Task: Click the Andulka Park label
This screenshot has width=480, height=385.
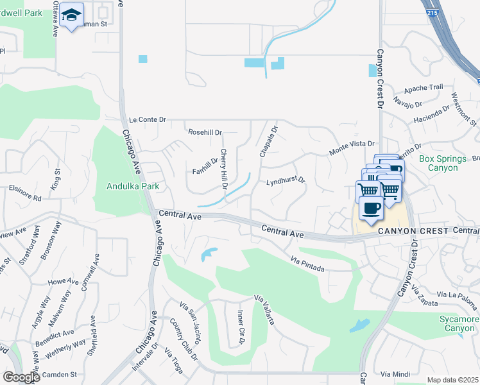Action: coord(132,187)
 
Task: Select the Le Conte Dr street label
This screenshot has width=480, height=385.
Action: coord(147,119)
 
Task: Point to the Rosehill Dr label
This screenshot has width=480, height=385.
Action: coord(205,132)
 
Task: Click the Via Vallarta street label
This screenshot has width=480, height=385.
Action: coord(265,309)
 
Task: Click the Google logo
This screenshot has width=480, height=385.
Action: coord(21,377)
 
